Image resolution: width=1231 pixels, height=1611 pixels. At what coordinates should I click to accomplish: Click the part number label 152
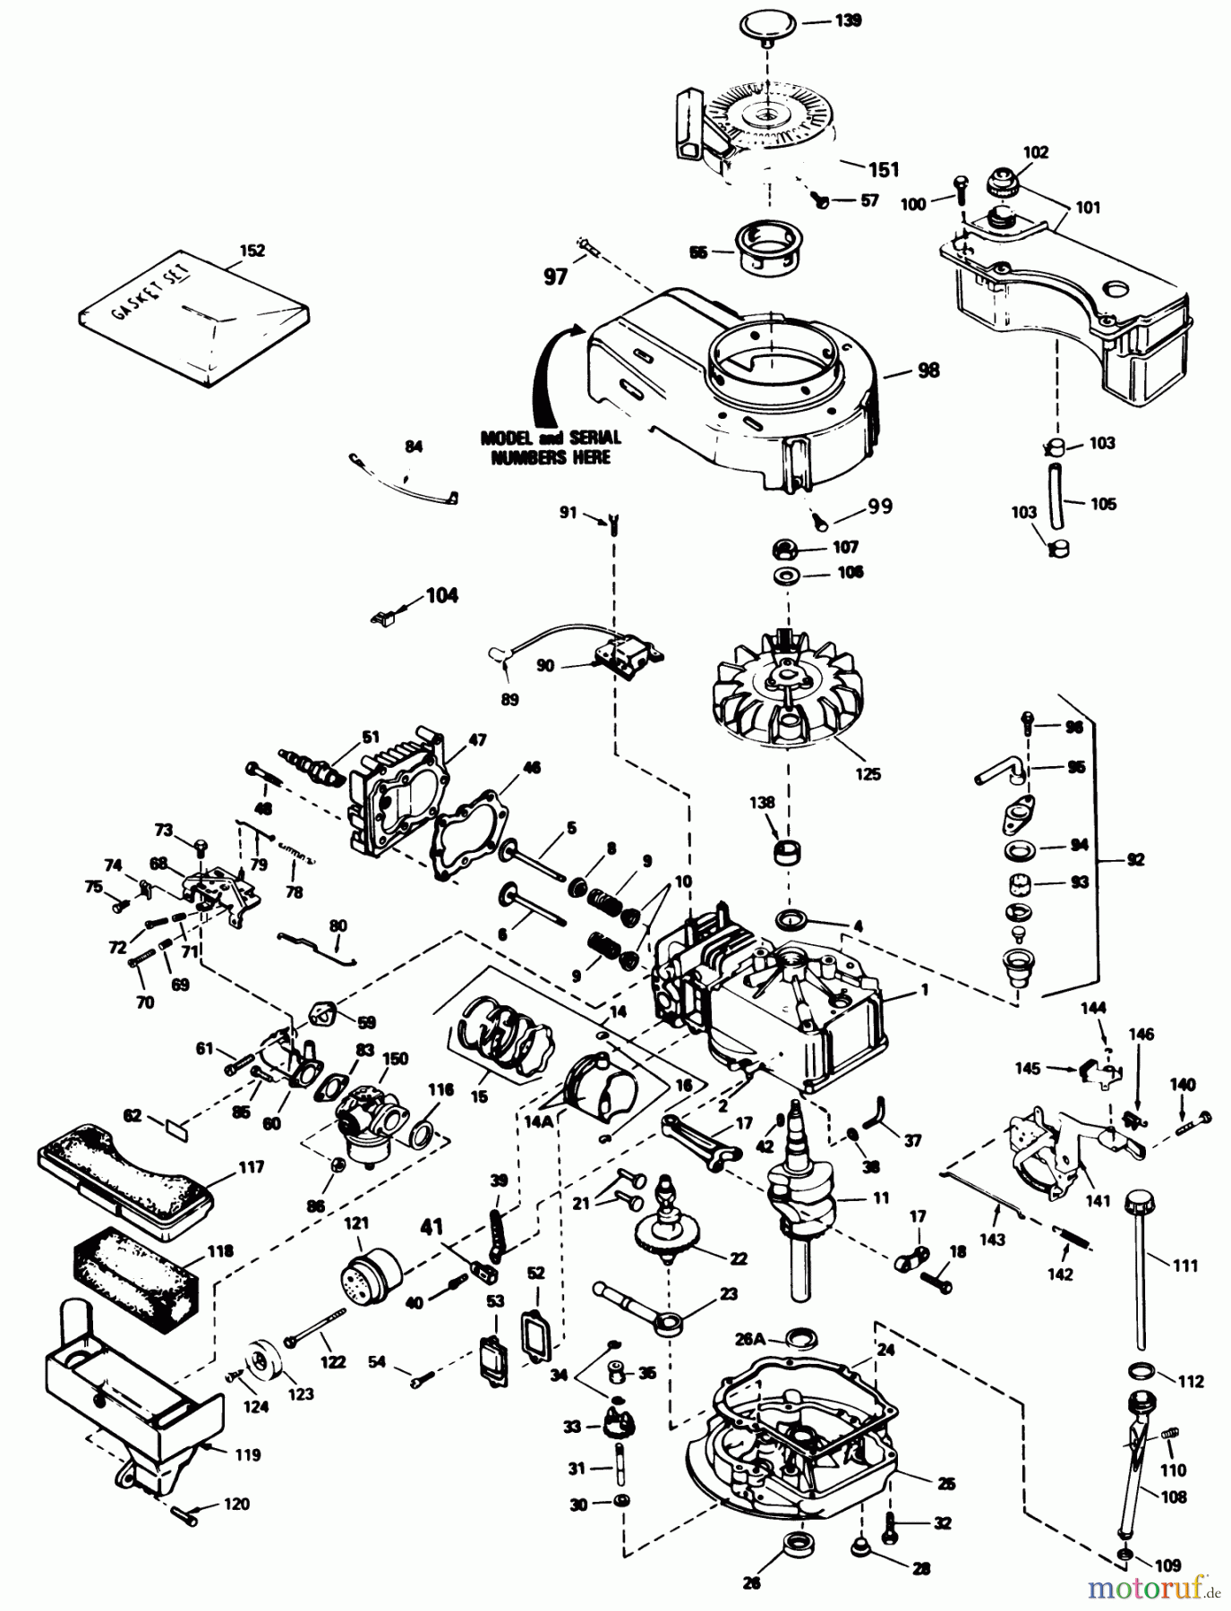click(x=253, y=251)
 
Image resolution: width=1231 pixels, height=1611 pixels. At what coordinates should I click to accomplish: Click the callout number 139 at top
click(x=848, y=19)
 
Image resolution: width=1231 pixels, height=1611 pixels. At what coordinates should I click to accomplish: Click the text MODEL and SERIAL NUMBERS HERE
click(x=550, y=447)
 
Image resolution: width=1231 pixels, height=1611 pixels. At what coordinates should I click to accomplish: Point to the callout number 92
click(x=1134, y=859)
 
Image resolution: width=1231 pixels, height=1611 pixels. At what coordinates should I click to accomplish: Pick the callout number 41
click(x=432, y=1228)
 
